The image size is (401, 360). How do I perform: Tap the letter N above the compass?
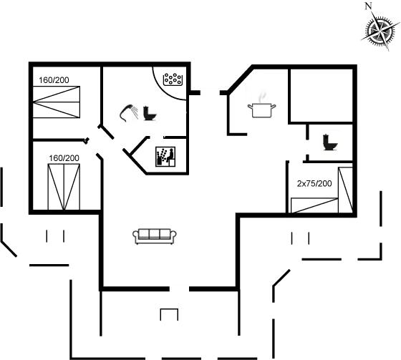tap(369, 6)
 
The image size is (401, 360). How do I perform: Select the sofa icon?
tap(155, 235)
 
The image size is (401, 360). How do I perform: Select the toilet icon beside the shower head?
tap(149, 112)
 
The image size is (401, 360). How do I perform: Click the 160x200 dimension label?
tap(54, 79)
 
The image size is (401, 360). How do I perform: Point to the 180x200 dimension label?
tap(64, 157)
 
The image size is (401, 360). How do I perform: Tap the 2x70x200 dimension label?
tap(314, 183)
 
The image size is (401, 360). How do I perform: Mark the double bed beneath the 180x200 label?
tap(64, 187)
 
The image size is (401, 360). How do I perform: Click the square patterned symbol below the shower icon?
tap(166, 155)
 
